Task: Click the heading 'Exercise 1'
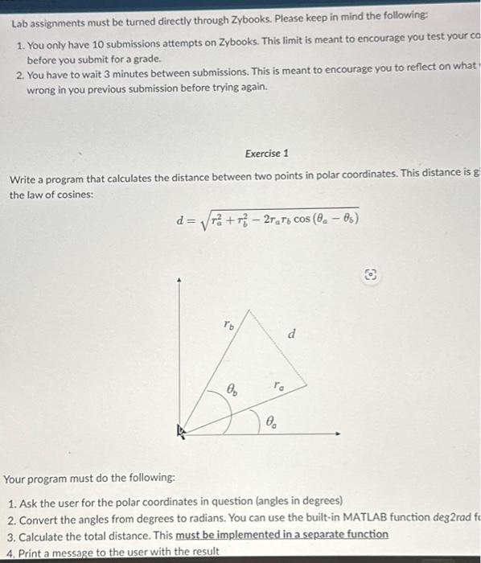click(267, 153)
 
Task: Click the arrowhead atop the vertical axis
click(180, 281)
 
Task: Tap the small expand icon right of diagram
click(372, 274)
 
